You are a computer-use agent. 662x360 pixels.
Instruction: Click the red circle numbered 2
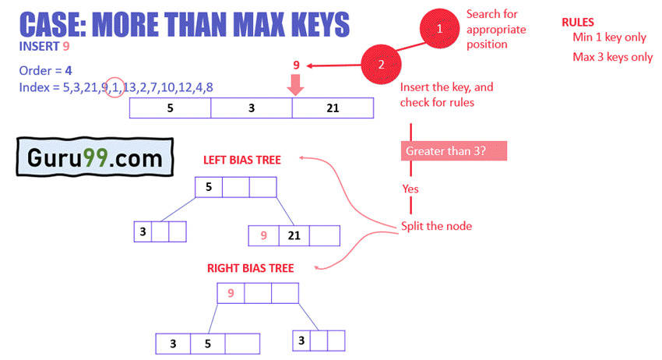point(381,65)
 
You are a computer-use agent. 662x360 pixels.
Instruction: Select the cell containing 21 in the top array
point(333,108)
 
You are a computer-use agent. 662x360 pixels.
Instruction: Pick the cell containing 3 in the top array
point(252,108)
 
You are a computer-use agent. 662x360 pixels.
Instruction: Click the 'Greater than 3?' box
point(453,150)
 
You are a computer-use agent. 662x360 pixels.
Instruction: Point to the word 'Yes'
point(410,189)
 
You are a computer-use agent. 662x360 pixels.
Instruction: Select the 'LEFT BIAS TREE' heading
point(241,160)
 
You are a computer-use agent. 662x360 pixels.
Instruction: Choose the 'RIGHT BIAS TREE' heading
point(250,268)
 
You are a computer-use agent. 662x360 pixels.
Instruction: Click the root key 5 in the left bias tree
point(209,187)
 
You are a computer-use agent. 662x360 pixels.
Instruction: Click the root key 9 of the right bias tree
point(231,293)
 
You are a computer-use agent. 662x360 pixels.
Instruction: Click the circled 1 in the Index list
point(114,87)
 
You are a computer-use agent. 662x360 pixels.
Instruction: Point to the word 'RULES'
point(577,22)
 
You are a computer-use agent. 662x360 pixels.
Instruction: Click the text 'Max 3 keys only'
point(612,57)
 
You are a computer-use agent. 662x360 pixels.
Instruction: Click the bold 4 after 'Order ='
point(69,70)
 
